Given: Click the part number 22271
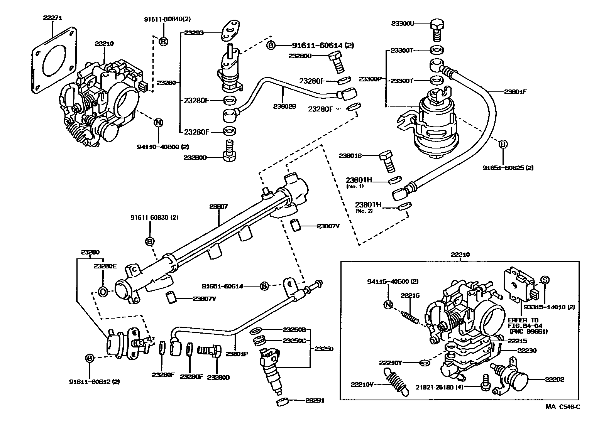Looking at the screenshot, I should (52, 18).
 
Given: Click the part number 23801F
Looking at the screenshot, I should (515, 92).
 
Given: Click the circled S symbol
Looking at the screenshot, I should (544, 280).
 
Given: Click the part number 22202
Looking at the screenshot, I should (554, 379).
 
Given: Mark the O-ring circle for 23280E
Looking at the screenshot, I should (103, 292).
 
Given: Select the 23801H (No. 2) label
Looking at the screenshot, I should (368, 207).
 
